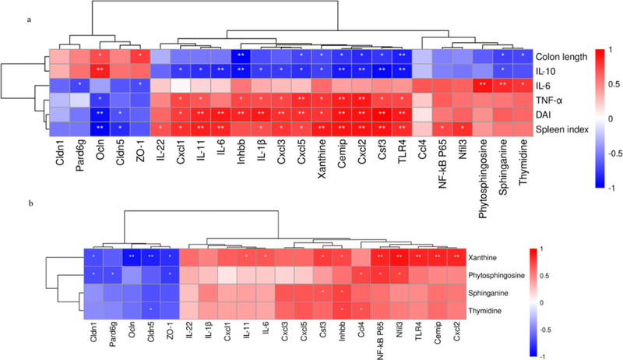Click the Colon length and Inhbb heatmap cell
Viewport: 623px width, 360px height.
pos(241,56)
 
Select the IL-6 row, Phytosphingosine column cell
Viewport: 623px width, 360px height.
pos(482,84)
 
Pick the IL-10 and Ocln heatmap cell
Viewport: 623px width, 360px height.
pos(100,70)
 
